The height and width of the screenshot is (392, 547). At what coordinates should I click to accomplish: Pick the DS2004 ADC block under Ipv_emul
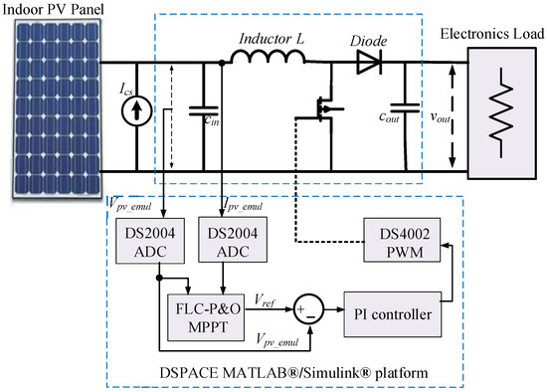coord(228,245)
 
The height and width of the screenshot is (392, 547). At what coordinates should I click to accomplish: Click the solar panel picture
coord(51,108)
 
